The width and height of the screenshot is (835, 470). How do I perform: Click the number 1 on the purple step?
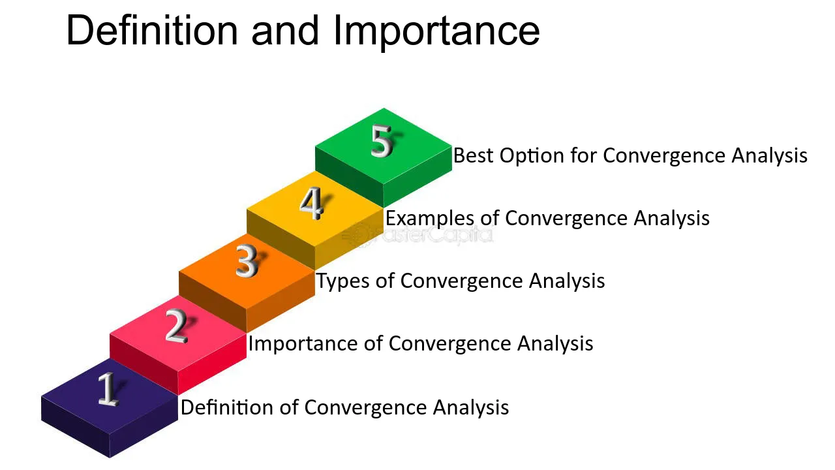coord(108,389)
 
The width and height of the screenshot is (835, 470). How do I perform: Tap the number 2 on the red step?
coord(176,326)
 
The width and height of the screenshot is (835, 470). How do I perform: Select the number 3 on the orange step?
coord(247,262)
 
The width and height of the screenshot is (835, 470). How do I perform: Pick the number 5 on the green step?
coord(382,141)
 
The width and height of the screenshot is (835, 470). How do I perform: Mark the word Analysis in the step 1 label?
coord(471,407)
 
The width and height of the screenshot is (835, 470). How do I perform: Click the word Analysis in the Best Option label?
coord(769,155)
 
